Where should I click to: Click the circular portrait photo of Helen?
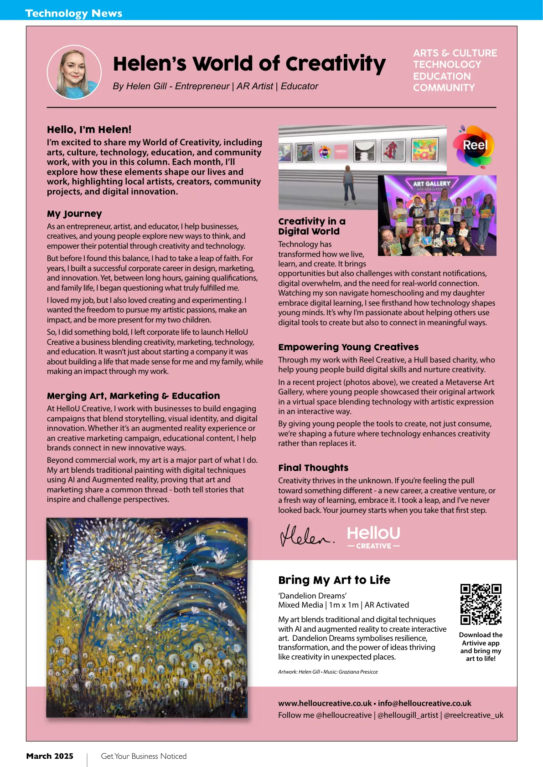click(x=74, y=72)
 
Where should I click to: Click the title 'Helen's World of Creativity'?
click(x=249, y=64)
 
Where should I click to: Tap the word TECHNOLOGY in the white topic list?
click(x=447, y=65)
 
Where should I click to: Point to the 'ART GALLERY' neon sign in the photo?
click(x=431, y=184)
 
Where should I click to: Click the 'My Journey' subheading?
click(x=74, y=214)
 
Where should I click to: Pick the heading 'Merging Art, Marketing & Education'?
click(x=133, y=396)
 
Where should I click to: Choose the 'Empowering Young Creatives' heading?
click(x=348, y=347)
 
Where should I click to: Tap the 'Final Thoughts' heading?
click(x=313, y=468)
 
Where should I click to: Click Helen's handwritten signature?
click(x=306, y=536)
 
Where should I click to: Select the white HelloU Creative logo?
click(x=373, y=537)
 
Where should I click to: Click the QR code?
click(x=481, y=604)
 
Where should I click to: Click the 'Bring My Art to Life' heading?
click(x=334, y=580)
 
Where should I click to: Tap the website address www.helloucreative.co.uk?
click(x=325, y=703)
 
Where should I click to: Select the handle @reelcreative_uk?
click(x=474, y=715)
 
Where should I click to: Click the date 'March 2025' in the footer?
click(x=50, y=756)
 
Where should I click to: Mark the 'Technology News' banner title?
click(x=74, y=13)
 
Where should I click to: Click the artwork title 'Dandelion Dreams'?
click(x=313, y=596)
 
